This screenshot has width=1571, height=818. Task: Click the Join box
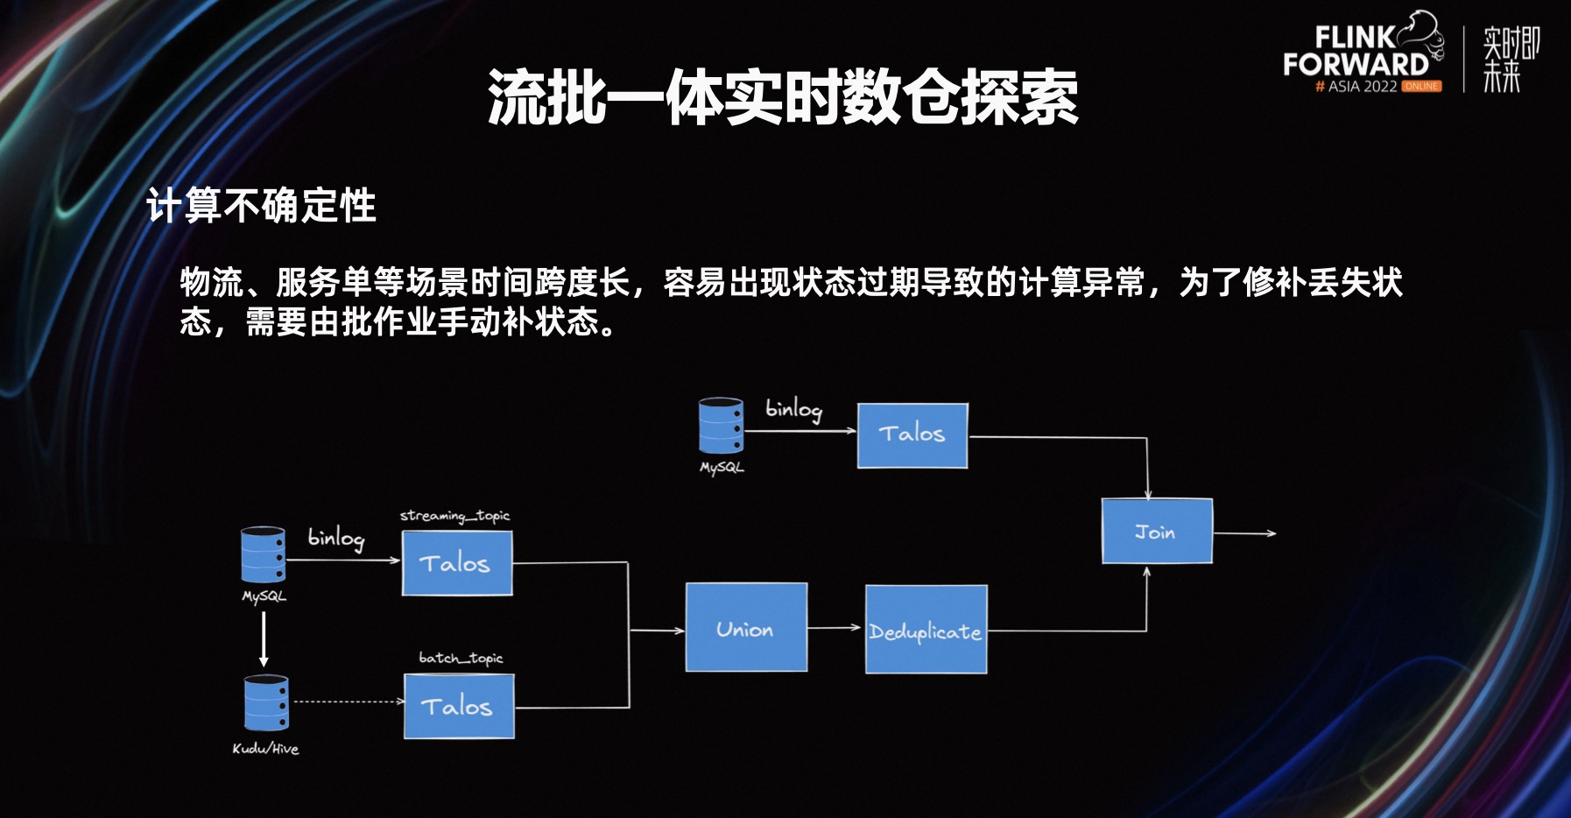[x=1156, y=531]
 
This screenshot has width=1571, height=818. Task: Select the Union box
[x=746, y=627]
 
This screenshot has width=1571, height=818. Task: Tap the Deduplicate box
[x=926, y=630]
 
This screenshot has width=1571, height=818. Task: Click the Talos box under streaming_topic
[x=456, y=563]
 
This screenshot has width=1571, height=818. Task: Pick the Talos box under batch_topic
[x=459, y=706]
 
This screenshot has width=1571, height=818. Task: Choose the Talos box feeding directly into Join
[x=912, y=435]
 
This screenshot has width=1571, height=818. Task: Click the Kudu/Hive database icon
[x=265, y=702]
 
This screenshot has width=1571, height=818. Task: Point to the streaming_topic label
[x=454, y=516]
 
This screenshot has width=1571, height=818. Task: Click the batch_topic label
[x=461, y=658]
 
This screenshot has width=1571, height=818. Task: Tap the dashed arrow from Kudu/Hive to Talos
[x=348, y=702]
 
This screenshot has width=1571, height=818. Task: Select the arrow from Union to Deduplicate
[x=834, y=628]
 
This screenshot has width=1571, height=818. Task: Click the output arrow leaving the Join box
[x=1244, y=533]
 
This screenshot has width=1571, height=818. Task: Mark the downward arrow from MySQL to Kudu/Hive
[x=264, y=638]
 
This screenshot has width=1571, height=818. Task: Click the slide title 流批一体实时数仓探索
[x=783, y=97]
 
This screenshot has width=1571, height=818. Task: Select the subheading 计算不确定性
[x=261, y=207]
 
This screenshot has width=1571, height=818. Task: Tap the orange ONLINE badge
[x=1421, y=87]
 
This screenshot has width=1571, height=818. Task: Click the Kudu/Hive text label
[x=265, y=749]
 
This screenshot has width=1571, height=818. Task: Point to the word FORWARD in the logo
[x=1355, y=64]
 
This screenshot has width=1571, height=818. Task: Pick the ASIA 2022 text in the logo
[x=1362, y=87]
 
